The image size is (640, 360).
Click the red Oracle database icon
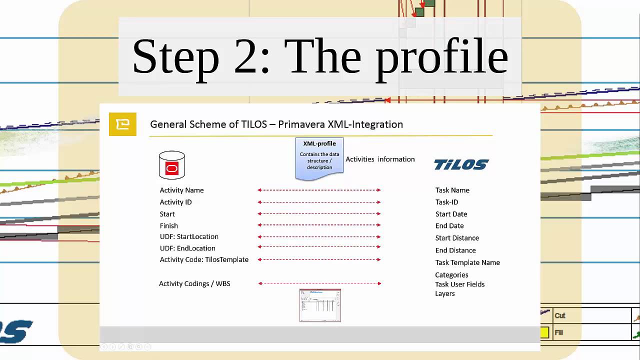coord(171,165)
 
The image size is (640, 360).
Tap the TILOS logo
coord(461,164)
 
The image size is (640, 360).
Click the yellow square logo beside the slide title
coord(122,124)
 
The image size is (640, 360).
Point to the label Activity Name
coord(181,190)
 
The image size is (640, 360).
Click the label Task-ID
coord(446,202)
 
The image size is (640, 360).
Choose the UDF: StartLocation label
coord(189,236)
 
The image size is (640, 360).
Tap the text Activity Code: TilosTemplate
coord(204,259)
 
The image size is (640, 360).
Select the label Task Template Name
coord(467,262)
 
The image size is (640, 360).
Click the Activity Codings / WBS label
coord(194,283)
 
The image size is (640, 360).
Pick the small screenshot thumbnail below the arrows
coord(320,305)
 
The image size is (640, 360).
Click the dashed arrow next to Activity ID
coord(319,202)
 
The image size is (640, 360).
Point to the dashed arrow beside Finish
coord(319,225)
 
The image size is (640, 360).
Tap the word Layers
coord(445,293)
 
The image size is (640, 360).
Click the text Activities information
coord(380,159)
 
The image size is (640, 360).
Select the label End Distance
coord(455,250)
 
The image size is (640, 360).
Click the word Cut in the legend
coord(560,315)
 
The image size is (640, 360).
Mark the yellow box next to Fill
coord(544,332)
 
